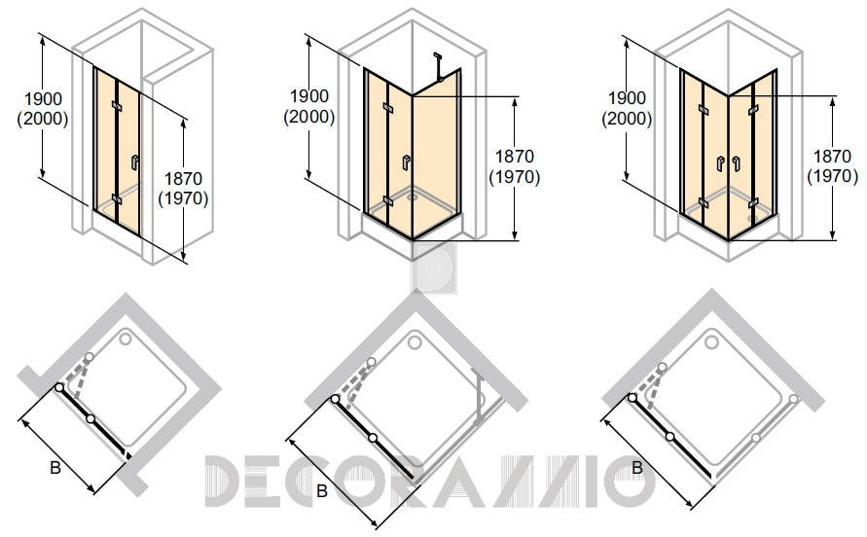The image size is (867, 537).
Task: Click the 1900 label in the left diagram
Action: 43,99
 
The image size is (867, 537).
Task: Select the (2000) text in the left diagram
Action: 43,119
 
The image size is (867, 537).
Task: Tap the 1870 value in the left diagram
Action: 184,179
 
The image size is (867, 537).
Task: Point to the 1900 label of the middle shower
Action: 309,96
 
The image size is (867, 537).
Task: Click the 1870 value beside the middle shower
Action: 515,157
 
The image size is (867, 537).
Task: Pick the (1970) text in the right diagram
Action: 833,176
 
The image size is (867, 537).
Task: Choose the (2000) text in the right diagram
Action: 627,119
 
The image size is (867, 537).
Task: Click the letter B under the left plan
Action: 55,468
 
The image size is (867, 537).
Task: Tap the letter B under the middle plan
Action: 322,490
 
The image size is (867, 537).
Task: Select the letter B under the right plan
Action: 637,468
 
